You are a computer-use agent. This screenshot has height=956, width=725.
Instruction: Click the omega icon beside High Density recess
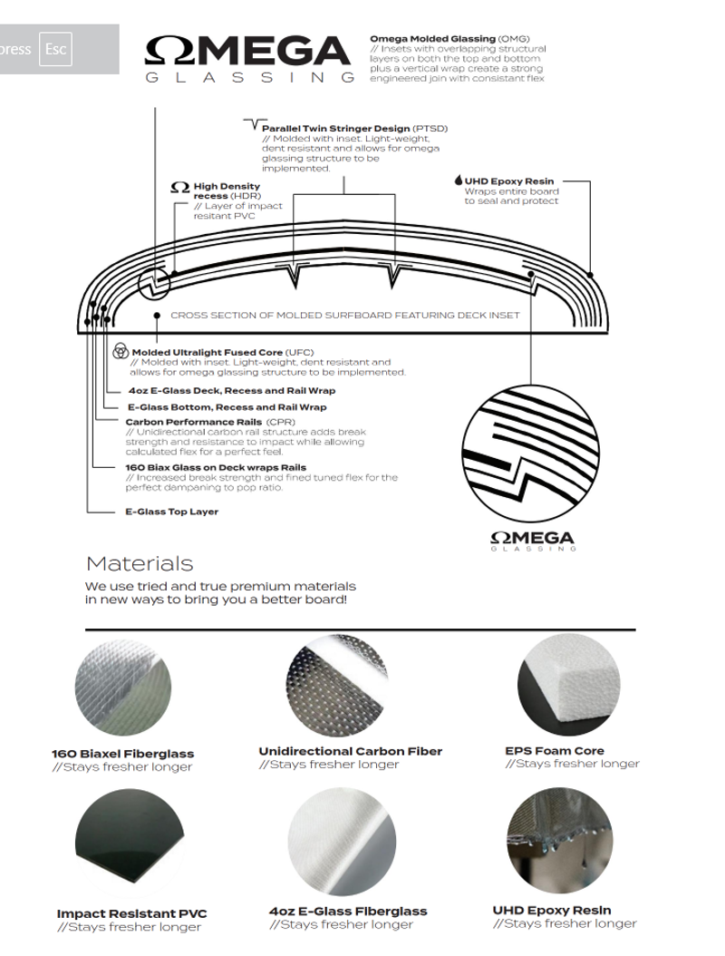[179, 188]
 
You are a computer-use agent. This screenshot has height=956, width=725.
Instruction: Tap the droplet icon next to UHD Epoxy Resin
[459, 180]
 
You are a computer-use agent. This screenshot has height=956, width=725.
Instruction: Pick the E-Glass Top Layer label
[171, 512]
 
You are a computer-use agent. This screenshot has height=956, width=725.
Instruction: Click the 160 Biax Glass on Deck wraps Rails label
[215, 467]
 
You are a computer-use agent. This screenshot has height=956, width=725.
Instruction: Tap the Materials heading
[139, 564]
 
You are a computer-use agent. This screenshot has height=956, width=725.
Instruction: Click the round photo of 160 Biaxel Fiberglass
[122, 696]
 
